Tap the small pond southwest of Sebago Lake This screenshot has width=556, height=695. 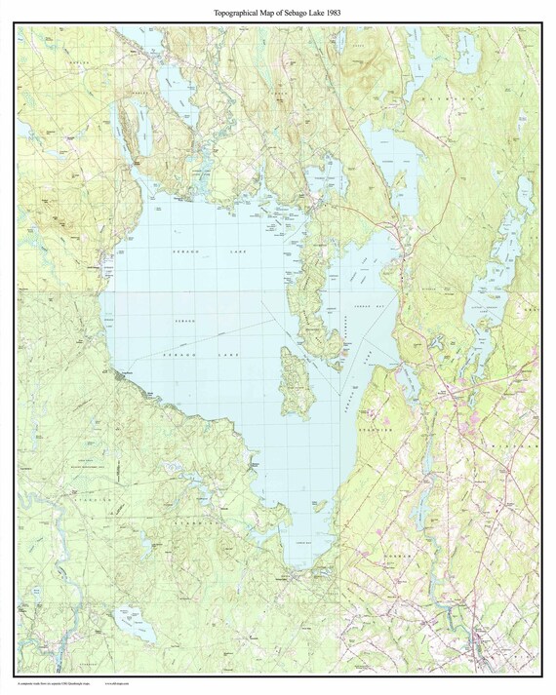[130, 619]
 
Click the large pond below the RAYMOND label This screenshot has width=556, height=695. [390, 156]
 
